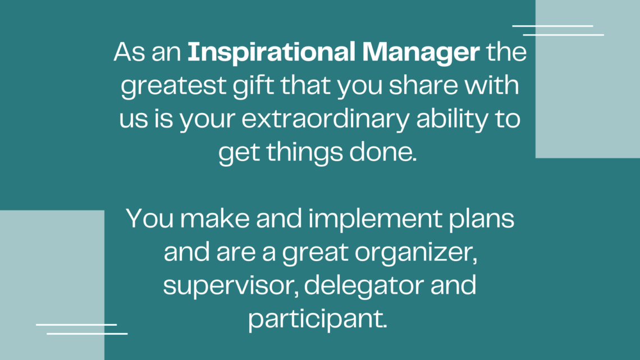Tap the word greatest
[173, 86]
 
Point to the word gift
[253, 86]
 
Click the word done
[383, 152]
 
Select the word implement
[375, 219]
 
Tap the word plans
[481, 219]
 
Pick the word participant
[317, 319]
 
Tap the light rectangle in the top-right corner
[588, 79]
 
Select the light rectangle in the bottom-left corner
[52, 285]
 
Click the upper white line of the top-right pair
[552, 26]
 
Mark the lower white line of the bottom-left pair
[88, 334]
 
